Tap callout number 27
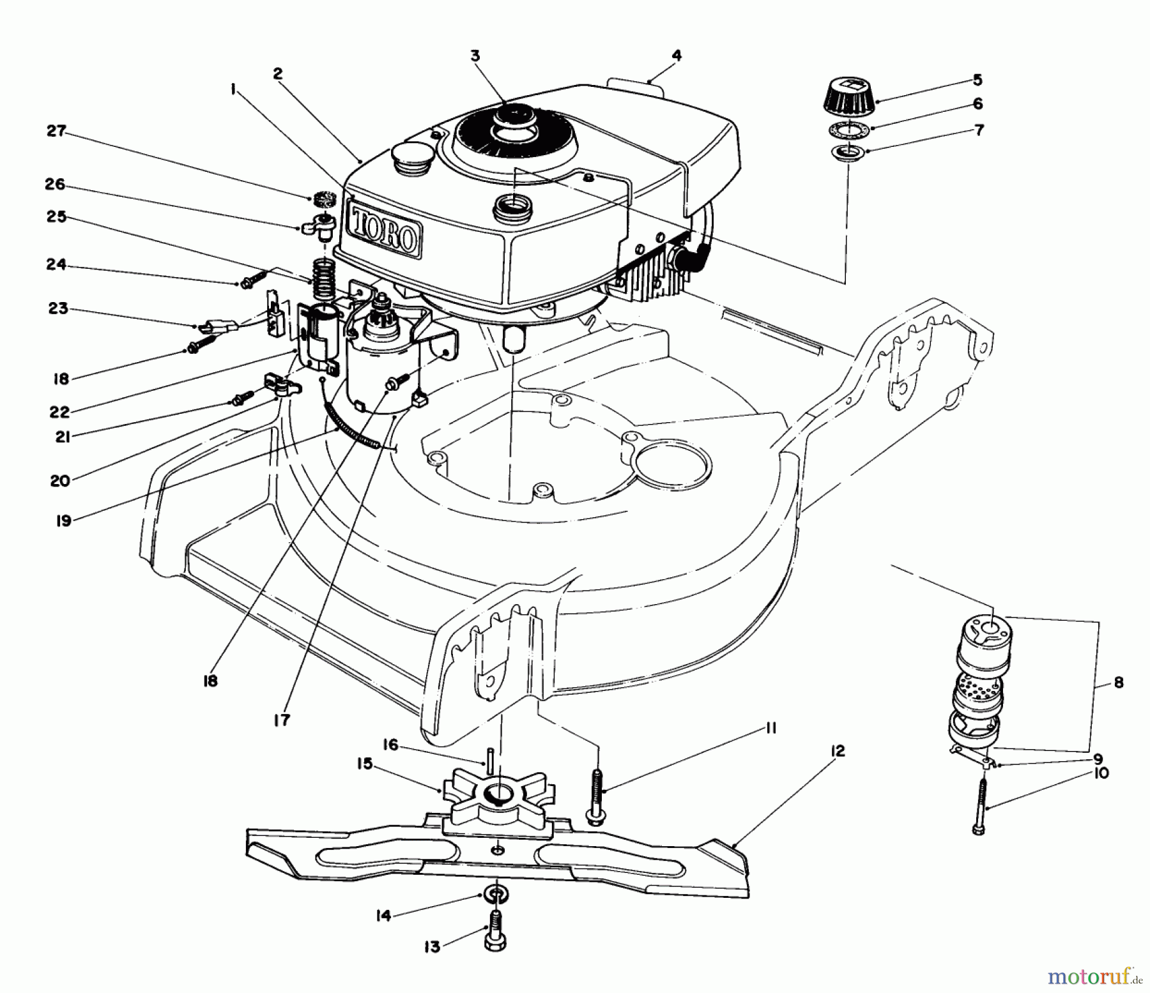click(x=56, y=131)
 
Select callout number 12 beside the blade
click(x=838, y=751)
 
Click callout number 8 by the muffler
click(x=1118, y=682)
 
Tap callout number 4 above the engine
click(x=677, y=56)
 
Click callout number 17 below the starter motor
click(x=281, y=720)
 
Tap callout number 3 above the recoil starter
click(x=474, y=56)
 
